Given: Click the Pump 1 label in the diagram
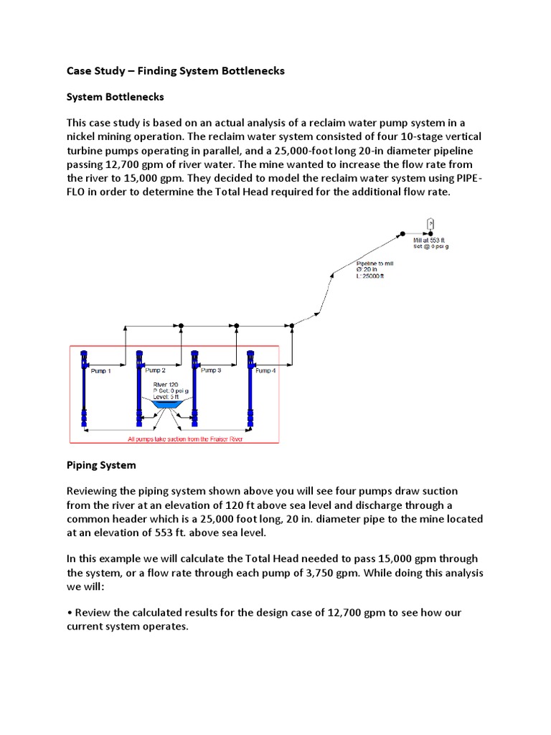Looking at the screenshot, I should [x=101, y=371].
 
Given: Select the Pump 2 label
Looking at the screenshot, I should [x=155, y=370].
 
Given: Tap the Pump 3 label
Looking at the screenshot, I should [x=210, y=370].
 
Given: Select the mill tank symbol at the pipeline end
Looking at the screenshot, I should [x=430, y=223].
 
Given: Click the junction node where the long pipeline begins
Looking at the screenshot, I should [x=291, y=326].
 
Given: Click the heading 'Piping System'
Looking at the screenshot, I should [x=101, y=465].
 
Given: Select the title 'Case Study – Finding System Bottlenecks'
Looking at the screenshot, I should [x=176, y=70].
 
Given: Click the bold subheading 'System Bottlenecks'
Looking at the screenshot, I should [x=116, y=96].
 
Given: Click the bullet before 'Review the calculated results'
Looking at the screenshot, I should [x=69, y=612].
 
